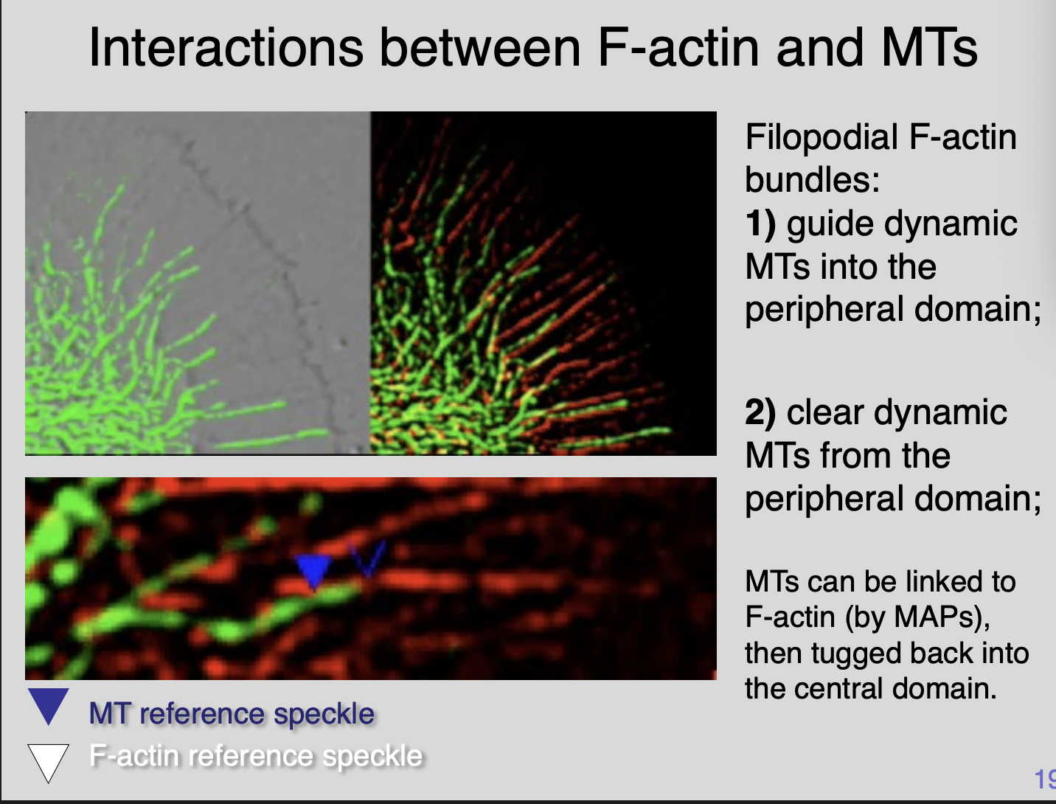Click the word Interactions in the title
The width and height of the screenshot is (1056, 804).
click(225, 47)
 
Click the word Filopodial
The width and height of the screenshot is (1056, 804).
click(821, 138)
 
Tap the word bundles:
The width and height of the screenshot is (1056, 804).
click(812, 179)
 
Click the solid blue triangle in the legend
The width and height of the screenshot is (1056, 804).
click(48, 704)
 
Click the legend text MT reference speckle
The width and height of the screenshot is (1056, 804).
click(232, 714)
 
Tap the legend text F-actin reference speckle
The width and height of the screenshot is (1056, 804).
click(255, 756)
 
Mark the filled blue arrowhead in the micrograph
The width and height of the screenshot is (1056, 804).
click(313, 570)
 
